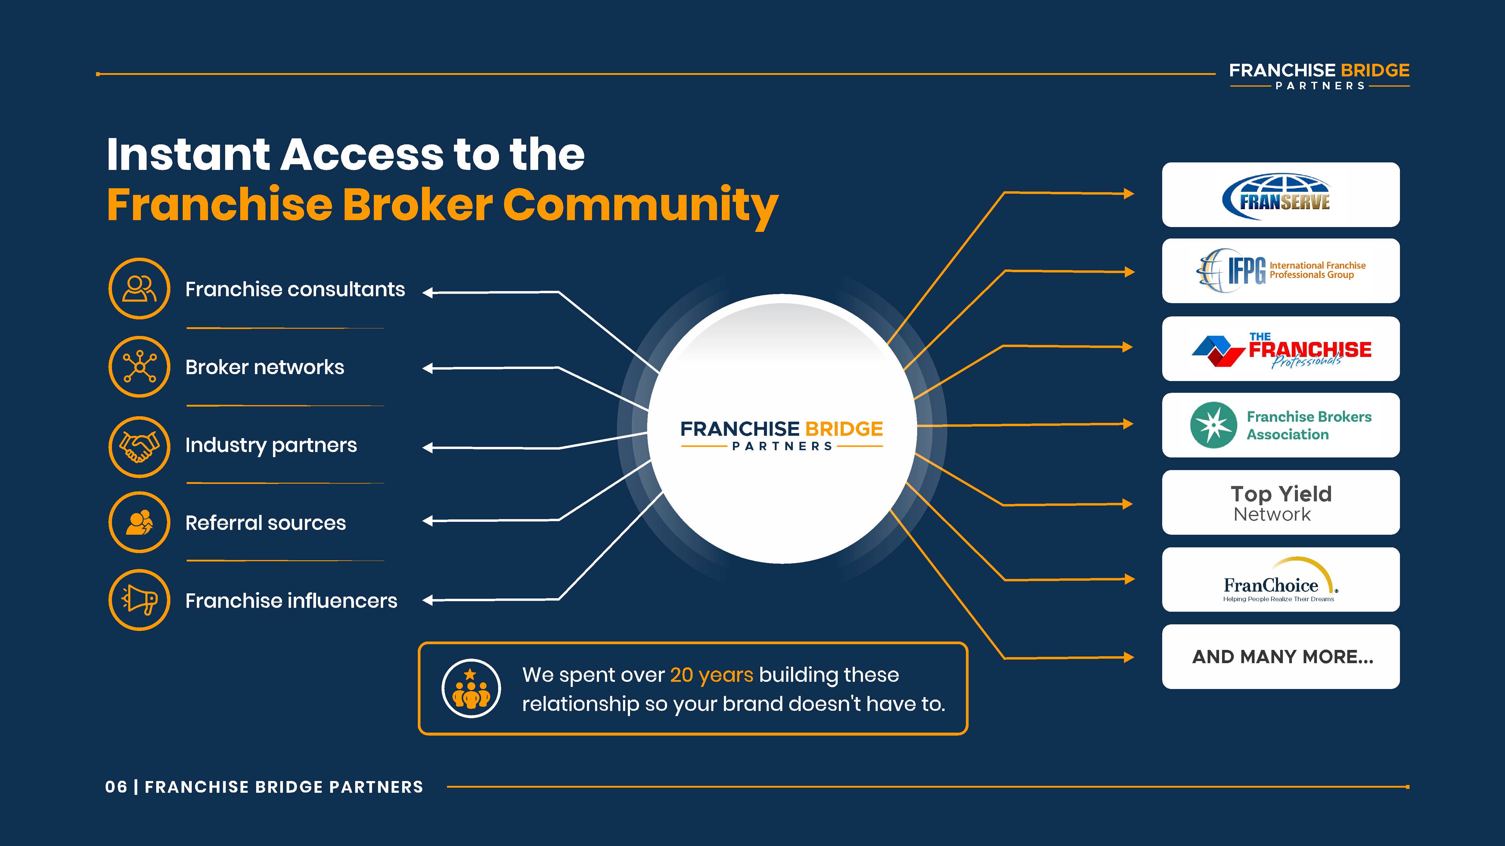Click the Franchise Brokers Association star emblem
1213,425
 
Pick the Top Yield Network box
1281,502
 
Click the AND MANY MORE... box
1281,657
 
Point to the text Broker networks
265,367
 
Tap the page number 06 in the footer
116,787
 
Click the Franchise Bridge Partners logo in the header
1319,76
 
